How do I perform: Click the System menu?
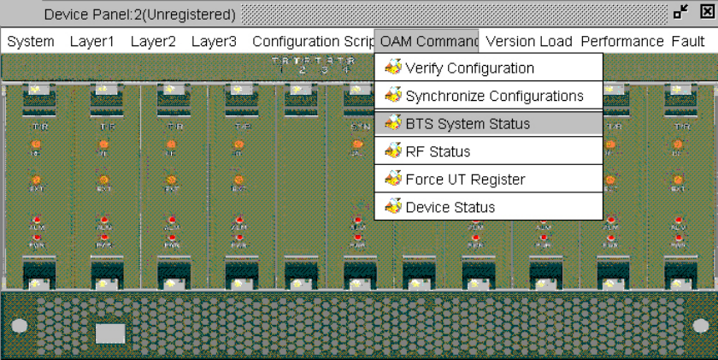(31, 41)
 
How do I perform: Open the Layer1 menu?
(92, 41)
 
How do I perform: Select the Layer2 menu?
(153, 41)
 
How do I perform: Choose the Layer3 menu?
(214, 41)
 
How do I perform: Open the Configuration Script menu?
(313, 41)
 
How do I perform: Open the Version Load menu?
(528, 41)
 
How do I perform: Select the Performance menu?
(622, 41)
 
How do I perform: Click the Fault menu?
(688, 41)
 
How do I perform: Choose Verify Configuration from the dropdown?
(469, 68)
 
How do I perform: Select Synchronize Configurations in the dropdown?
(494, 96)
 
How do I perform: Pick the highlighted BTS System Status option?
(468, 124)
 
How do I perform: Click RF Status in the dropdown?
(438, 152)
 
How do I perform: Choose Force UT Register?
(465, 180)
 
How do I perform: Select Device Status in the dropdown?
(450, 207)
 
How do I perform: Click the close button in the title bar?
(706, 12)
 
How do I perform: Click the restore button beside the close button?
(681, 12)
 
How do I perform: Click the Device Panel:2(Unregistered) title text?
(139, 15)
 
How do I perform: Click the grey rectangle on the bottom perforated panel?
(109, 333)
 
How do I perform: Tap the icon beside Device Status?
(393, 207)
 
